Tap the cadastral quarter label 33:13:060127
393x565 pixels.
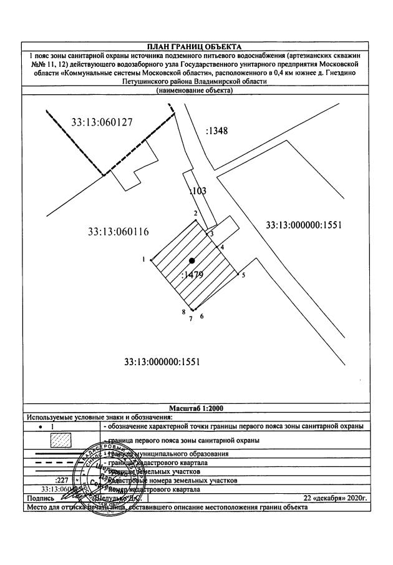click(102, 122)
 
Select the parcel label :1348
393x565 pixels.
click(216, 132)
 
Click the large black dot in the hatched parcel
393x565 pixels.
click(192, 260)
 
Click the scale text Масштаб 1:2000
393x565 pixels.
click(196, 408)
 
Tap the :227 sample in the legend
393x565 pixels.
click(61, 480)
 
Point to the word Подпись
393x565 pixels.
click(36, 498)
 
